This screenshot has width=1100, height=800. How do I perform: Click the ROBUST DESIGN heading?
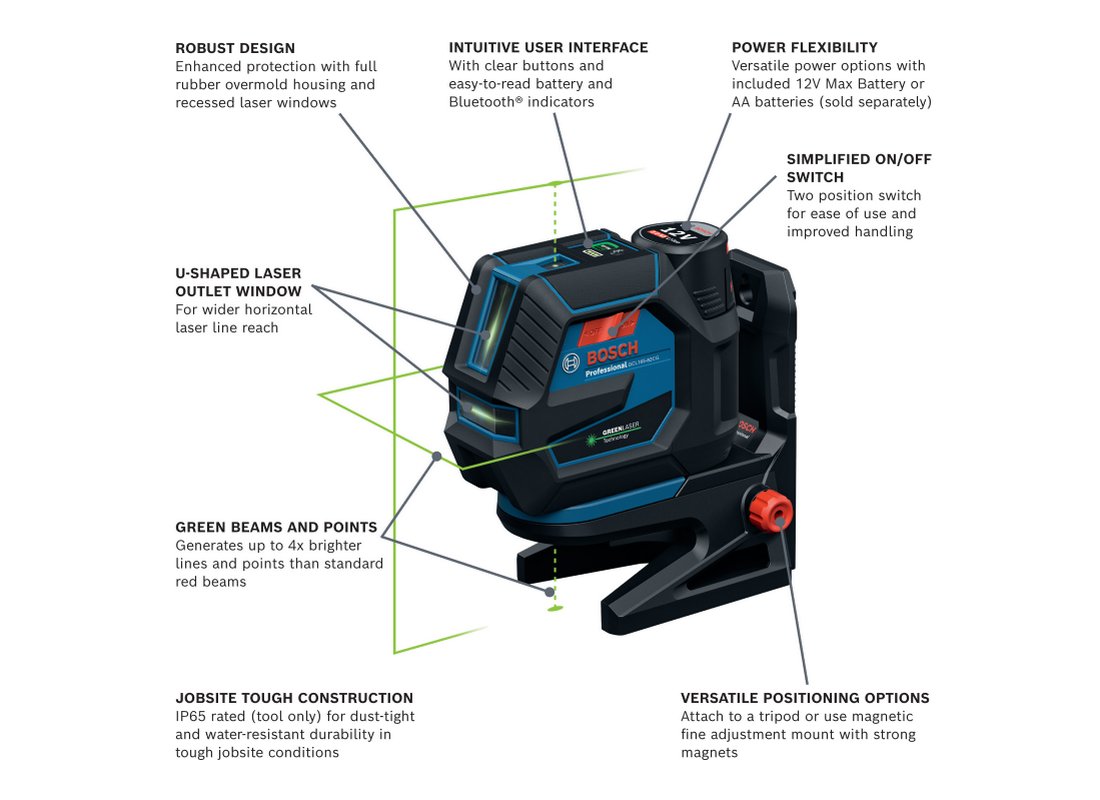pos(235,48)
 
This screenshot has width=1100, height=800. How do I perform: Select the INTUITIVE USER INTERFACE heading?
pos(548,48)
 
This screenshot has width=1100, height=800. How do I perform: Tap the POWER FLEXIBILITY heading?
pos(804,48)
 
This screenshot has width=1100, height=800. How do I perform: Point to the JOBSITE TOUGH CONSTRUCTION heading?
pos(294,698)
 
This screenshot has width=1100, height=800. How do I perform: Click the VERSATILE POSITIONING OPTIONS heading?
pos(805,698)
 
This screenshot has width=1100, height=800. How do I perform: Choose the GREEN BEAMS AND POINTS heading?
pos(276,527)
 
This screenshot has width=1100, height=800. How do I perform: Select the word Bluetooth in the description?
pos(483,102)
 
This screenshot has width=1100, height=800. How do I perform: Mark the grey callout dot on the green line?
pos(436,457)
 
